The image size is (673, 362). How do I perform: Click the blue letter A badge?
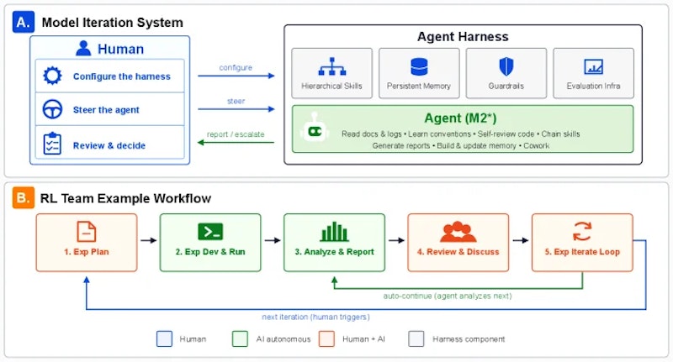tap(24, 23)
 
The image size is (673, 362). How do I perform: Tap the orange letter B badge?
tap(24, 198)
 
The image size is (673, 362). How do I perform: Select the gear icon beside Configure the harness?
tap(52, 76)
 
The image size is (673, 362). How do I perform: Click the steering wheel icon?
tap(52, 109)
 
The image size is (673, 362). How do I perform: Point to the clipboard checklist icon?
tap(52, 144)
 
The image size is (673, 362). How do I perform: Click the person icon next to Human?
tap(83, 49)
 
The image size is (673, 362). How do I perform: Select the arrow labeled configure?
tap(236, 76)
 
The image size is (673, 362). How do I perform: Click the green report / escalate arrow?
tap(236, 142)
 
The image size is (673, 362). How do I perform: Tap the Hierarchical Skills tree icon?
tap(331, 67)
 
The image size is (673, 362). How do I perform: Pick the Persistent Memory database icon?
tap(419, 67)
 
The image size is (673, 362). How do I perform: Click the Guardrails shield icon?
tap(506, 67)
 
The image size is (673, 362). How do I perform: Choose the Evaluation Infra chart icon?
tap(594, 67)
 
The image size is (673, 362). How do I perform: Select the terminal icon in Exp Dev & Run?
tap(210, 232)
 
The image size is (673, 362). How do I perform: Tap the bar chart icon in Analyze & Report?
tap(334, 232)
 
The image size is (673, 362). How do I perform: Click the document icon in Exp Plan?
tap(87, 232)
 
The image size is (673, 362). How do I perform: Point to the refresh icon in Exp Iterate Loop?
tap(582, 231)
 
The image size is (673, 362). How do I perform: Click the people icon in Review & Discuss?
tap(458, 232)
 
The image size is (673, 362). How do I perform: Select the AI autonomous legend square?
tap(240, 338)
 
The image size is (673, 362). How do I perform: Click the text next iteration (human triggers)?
tap(316, 317)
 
